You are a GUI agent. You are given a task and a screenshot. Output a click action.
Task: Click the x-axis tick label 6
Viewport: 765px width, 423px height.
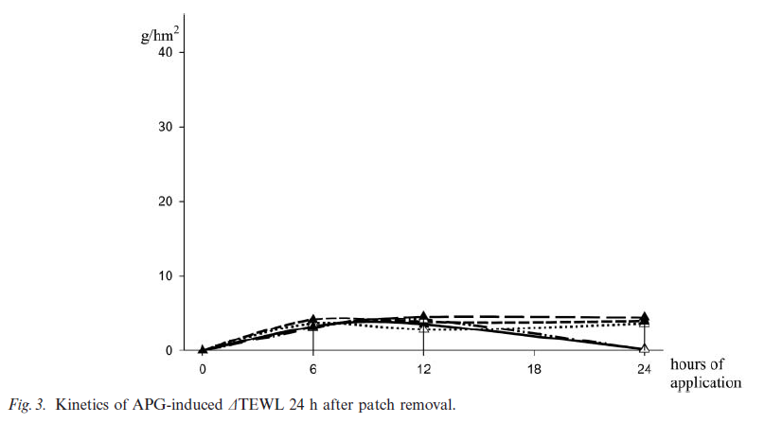point(313,368)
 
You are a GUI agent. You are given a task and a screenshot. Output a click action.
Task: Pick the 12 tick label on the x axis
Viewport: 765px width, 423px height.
point(424,368)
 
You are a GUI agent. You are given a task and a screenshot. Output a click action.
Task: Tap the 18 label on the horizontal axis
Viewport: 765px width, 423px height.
point(535,368)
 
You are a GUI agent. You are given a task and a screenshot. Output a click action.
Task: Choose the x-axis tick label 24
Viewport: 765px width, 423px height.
point(645,368)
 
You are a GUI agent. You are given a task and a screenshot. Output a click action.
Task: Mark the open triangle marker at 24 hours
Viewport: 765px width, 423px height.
point(645,348)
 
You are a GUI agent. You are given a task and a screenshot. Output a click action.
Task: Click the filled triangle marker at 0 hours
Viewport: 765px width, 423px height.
point(203,350)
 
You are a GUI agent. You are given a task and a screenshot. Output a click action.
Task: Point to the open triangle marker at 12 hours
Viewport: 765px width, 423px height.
point(424,327)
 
